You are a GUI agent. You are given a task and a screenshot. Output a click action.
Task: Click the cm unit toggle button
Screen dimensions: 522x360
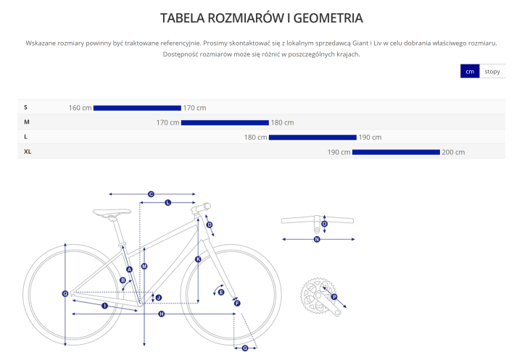[x=470, y=71]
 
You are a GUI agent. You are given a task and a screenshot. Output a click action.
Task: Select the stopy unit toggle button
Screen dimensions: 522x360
[x=492, y=71]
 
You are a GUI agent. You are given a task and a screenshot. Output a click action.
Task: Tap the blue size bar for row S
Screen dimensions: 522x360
[x=137, y=108]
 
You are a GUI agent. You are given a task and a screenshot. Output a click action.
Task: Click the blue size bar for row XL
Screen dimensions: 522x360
[x=396, y=152]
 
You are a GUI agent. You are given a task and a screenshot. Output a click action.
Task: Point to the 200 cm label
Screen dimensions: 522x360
[x=453, y=152]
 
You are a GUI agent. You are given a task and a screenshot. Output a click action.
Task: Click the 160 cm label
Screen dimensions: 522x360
[x=80, y=108]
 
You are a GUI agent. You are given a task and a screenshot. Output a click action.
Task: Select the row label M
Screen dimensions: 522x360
[x=27, y=122]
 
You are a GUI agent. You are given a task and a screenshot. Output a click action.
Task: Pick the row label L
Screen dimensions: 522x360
[x=25, y=137]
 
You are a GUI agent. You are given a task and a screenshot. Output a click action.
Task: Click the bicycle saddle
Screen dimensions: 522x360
[x=112, y=213]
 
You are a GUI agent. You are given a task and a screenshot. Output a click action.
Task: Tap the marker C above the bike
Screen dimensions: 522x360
[x=151, y=194]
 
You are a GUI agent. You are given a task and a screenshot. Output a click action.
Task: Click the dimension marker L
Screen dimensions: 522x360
[x=167, y=202]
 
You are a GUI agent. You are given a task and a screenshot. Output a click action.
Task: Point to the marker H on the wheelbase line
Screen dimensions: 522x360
[x=162, y=314]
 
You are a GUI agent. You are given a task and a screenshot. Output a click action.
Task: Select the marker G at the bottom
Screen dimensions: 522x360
[x=245, y=348]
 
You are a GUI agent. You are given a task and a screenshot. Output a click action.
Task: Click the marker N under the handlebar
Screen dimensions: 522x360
[x=317, y=239]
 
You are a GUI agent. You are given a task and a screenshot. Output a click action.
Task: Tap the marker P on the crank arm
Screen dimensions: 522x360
[x=334, y=297]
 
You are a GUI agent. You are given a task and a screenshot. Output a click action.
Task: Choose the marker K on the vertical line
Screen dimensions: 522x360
[x=198, y=259]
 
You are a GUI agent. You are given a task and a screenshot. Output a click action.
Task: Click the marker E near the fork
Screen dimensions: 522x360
[x=221, y=292]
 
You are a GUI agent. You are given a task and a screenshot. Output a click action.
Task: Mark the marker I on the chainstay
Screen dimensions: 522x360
[x=105, y=306]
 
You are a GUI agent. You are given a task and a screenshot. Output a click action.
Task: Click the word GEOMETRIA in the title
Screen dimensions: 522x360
[x=328, y=18]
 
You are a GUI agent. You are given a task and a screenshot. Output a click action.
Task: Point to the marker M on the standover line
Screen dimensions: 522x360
[x=144, y=266]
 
